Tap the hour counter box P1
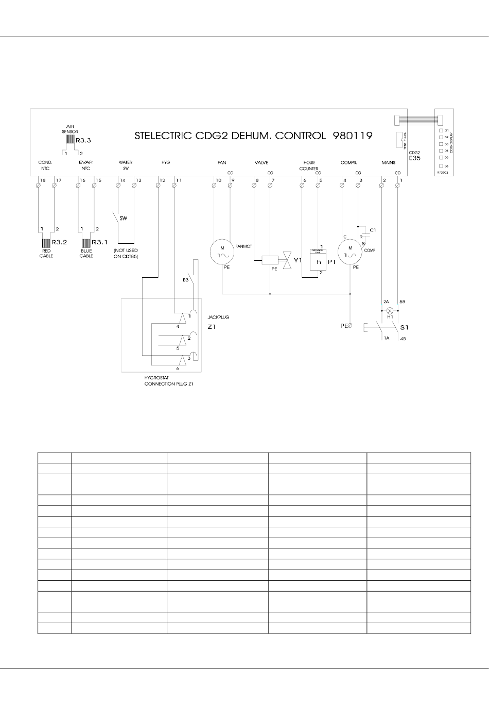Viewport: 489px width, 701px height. point(319,261)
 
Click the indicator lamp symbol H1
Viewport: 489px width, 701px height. point(390,310)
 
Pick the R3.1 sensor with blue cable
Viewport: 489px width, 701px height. point(86,243)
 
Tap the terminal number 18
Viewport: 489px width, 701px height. point(42,180)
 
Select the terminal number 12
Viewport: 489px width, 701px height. point(162,180)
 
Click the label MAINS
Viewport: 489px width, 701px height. point(388,162)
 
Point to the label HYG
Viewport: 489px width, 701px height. point(166,162)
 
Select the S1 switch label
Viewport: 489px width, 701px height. point(404,327)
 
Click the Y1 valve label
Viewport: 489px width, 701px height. point(298,260)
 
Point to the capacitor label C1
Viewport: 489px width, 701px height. point(373,229)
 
